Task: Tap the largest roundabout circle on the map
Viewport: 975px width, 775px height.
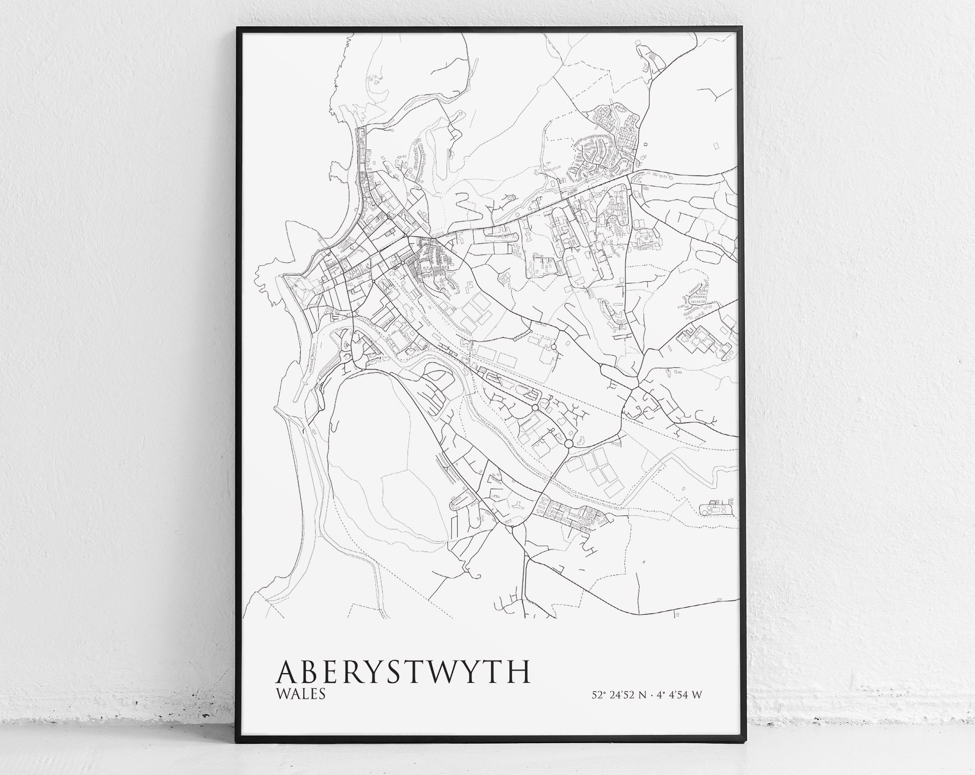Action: pos(568,444)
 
